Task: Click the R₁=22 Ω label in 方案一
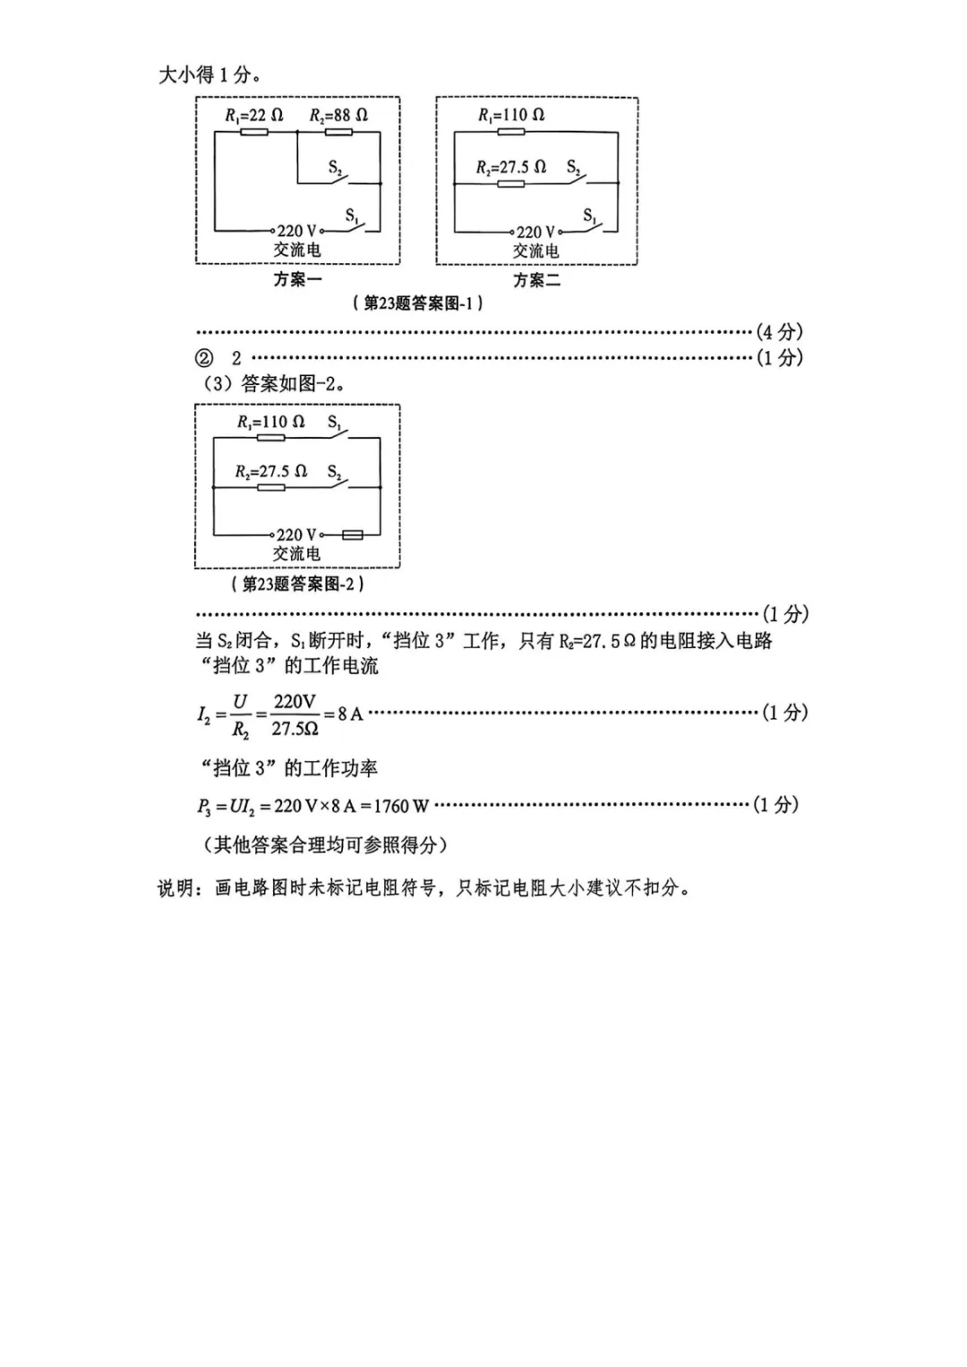click(254, 115)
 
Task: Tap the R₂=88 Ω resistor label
click(338, 115)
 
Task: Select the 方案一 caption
click(297, 279)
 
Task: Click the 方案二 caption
click(536, 280)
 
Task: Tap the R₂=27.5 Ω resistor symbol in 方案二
click(510, 184)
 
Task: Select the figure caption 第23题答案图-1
click(417, 303)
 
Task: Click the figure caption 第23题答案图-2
click(297, 584)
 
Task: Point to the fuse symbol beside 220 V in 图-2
click(352, 535)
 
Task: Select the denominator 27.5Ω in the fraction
click(295, 729)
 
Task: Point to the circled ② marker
click(204, 357)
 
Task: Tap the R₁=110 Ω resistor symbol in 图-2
click(270, 438)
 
